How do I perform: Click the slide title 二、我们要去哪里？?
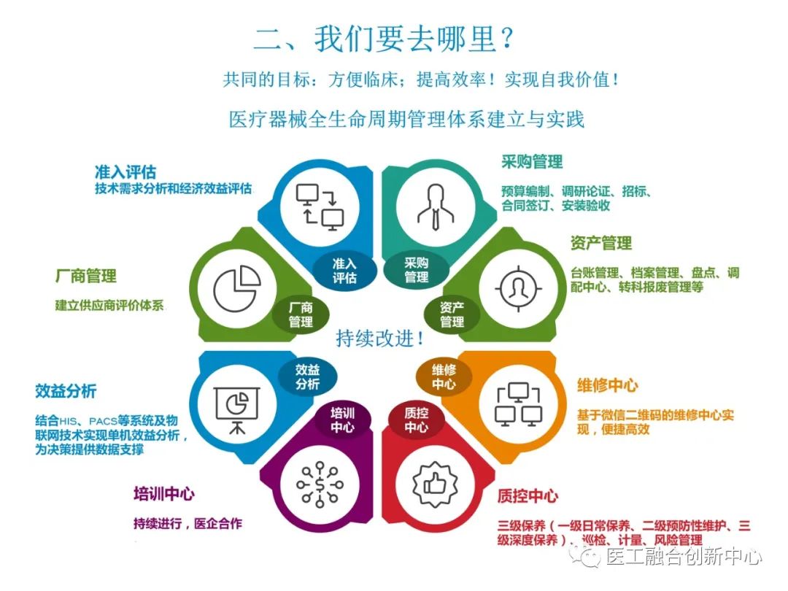[384, 38]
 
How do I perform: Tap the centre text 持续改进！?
[380, 339]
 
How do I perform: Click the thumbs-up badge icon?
[435, 484]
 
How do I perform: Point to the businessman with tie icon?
[436, 206]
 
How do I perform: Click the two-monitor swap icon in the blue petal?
[320, 207]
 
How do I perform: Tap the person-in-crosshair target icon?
[519, 288]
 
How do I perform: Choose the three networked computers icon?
[519, 404]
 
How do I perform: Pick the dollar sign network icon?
[320, 483]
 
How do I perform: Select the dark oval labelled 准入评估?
[344, 271]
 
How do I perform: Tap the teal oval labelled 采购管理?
[416, 270]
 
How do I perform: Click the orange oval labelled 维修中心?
[444, 377]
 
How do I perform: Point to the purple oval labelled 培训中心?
[342, 420]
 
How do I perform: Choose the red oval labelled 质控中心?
[416, 420]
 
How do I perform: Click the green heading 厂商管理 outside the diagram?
[86, 276]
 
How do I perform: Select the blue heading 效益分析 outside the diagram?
[66, 391]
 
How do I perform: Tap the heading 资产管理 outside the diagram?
[601, 243]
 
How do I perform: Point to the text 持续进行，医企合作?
[188, 524]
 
